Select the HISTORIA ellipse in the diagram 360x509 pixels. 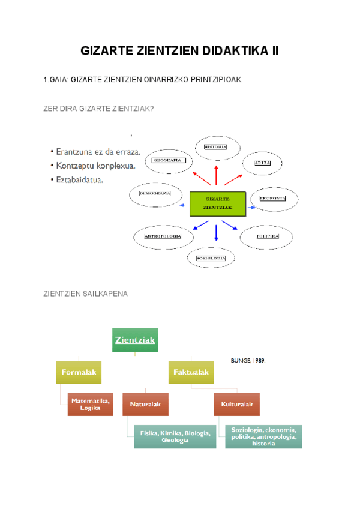point(215,148)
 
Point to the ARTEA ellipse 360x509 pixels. point(262,163)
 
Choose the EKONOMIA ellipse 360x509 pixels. point(272,198)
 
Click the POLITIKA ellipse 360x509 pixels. point(268,236)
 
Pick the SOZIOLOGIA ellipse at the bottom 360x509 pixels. point(214,258)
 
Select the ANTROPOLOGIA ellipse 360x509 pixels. point(164,237)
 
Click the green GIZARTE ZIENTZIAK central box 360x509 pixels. point(217,204)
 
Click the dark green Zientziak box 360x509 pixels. point(135,340)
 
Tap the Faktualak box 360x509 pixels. point(191,373)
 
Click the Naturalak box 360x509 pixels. point(146,405)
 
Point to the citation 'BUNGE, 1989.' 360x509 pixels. point(248,361)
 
